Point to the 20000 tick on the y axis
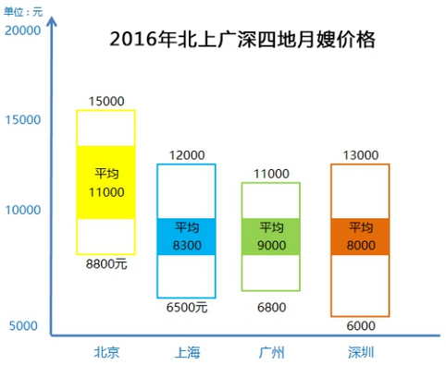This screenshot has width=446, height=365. [23, 30]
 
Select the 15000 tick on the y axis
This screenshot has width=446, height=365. [23, 119]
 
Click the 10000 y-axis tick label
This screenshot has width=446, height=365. [23, 210]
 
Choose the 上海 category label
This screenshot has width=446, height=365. [187, 351]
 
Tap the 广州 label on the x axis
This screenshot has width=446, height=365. [271, 351]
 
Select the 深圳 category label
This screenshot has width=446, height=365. [360, 351]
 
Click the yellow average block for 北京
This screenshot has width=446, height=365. [106, 182]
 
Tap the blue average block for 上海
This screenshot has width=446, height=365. [187, 237]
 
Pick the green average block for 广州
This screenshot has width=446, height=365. [271, 237]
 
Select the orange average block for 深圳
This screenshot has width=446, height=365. [360, 237]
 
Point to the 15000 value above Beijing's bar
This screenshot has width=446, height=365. [106, 100]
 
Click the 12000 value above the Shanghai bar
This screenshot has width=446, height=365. [187, 154]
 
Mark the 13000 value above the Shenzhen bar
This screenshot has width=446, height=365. [360, 154]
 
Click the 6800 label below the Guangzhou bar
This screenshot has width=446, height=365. [271, 307]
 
